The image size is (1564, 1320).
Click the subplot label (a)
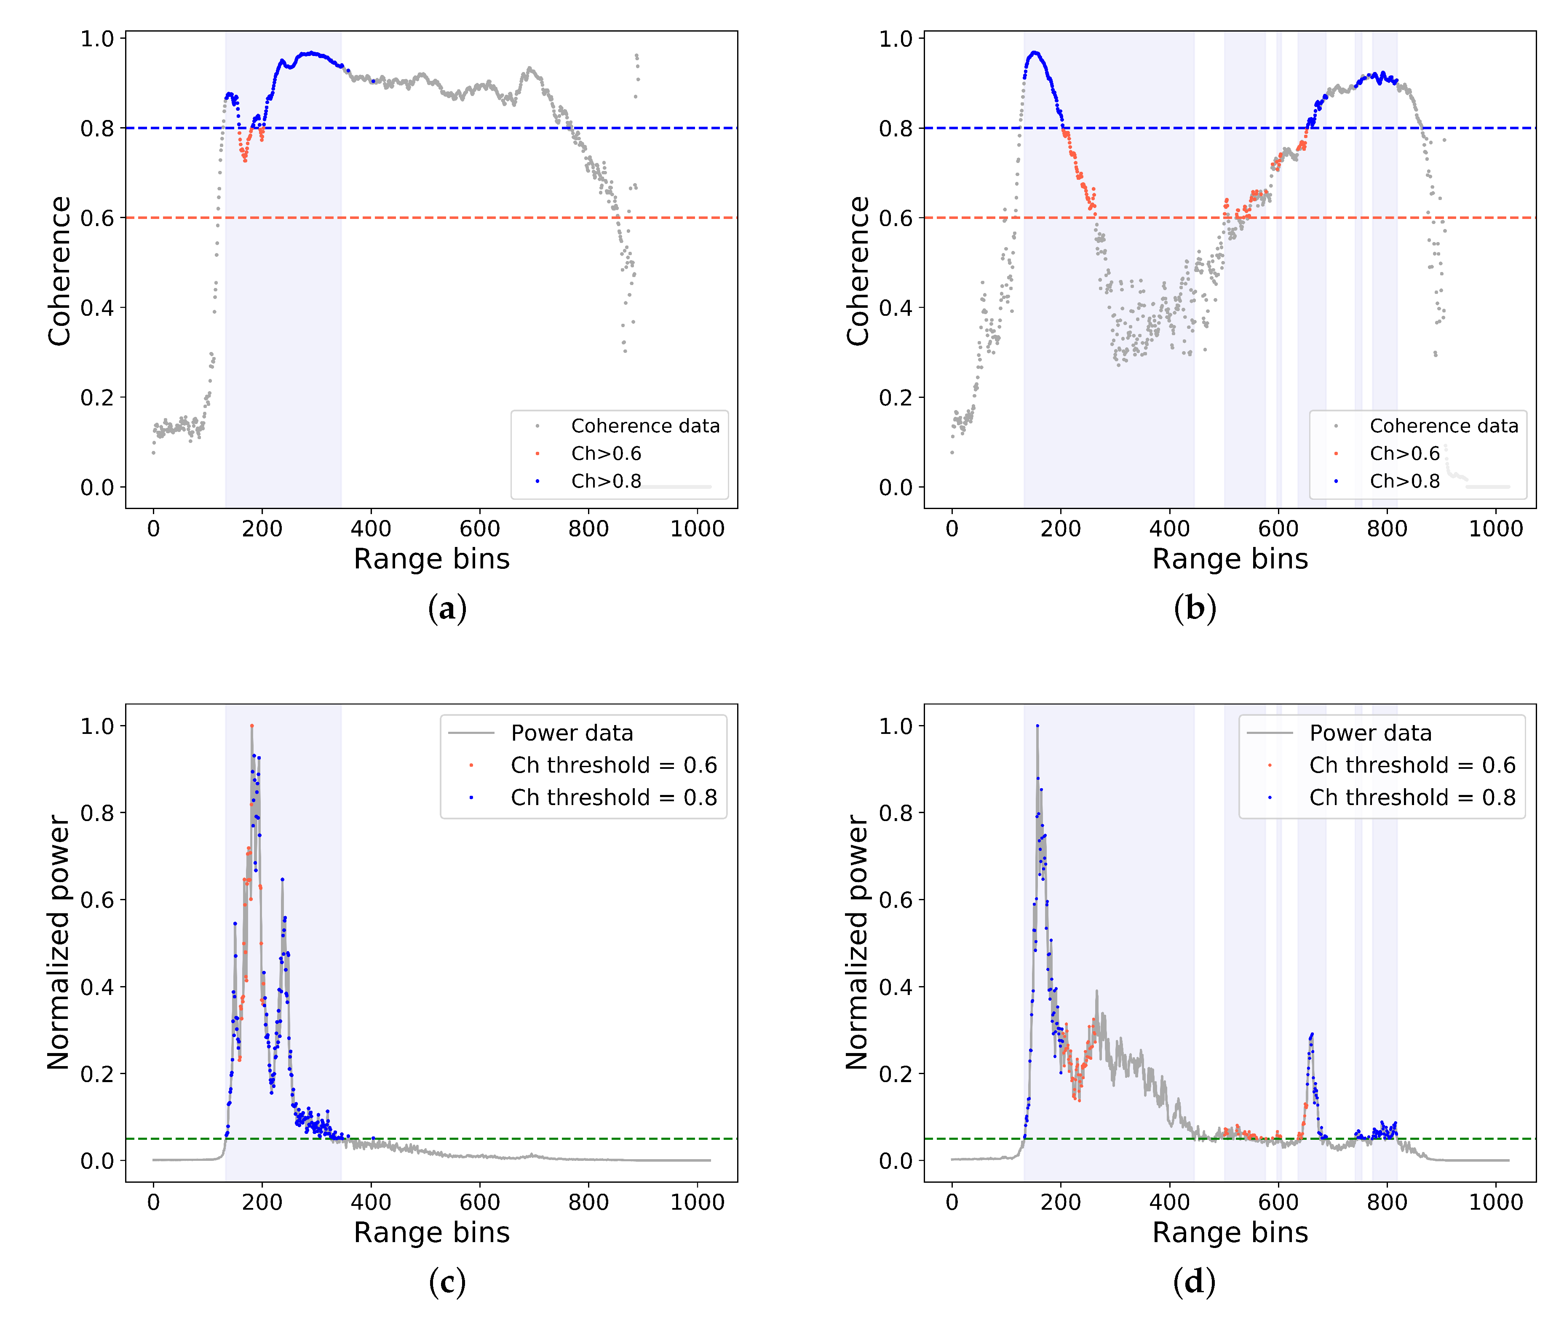(447, 608)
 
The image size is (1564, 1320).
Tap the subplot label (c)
(447, 1282)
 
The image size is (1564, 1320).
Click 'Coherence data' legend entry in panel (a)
(644, 426)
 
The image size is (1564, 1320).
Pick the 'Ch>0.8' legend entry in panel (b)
(1404, 481)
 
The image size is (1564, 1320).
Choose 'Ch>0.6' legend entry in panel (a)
(606, 453)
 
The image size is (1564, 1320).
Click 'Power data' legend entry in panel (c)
(571, 733)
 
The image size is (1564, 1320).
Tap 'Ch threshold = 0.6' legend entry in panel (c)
(613, 765)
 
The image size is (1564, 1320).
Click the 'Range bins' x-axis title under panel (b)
(1229, 559)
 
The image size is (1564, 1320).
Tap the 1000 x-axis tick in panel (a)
(697, 529)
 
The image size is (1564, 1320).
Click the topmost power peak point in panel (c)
(251, 726)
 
